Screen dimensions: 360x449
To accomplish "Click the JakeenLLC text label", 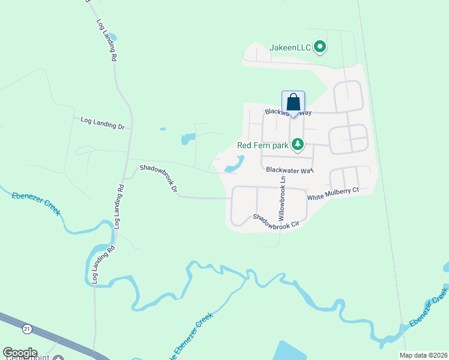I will click(291, 46).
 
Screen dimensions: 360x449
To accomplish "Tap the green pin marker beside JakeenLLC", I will click(321, 46).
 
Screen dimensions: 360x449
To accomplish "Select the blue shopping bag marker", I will click(293, 101).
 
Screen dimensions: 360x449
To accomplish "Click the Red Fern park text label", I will click(263, 145).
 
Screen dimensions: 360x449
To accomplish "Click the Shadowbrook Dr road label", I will click(159, 179).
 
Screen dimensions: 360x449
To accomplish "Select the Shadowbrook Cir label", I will click(276, 222).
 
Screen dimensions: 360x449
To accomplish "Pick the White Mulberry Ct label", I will click(333, 194).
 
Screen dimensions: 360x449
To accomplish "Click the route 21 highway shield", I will click(27, 329).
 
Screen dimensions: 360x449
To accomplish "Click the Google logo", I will click(20, 353).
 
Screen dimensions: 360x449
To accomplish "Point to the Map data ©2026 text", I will click(423, 355).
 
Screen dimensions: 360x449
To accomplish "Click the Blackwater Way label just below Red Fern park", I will click(290, 170).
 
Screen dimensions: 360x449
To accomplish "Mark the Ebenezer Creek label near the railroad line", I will click(429, 308).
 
